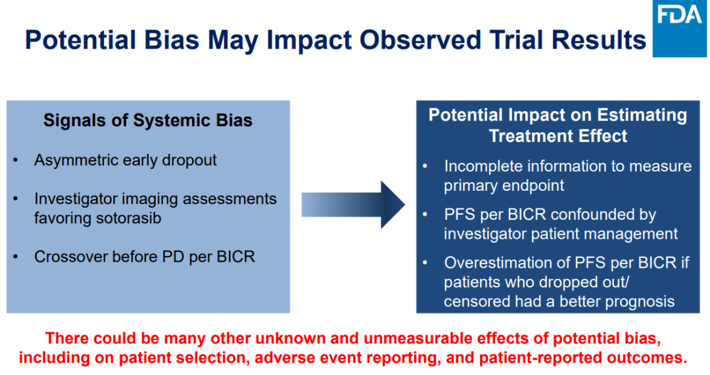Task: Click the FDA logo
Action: (x=680, y=28)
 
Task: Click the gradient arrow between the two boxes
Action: (x=353, y=204)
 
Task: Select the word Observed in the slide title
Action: (x=420, y=40)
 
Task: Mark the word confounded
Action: (x=603, y=214)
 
